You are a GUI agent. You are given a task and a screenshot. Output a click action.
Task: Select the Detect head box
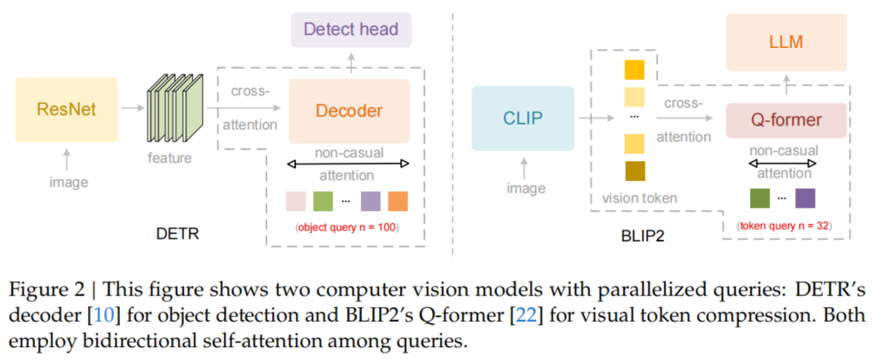click(350, 29)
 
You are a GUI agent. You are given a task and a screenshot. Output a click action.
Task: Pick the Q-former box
click(785, 121)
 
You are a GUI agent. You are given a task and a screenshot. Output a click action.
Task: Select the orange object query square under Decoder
click(398, 201)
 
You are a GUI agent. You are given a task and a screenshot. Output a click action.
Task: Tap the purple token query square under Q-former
click(805, 198)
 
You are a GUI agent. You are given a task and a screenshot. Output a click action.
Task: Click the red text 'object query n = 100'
click(346, 228)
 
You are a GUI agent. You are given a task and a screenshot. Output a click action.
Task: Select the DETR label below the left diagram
click(178, 234)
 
